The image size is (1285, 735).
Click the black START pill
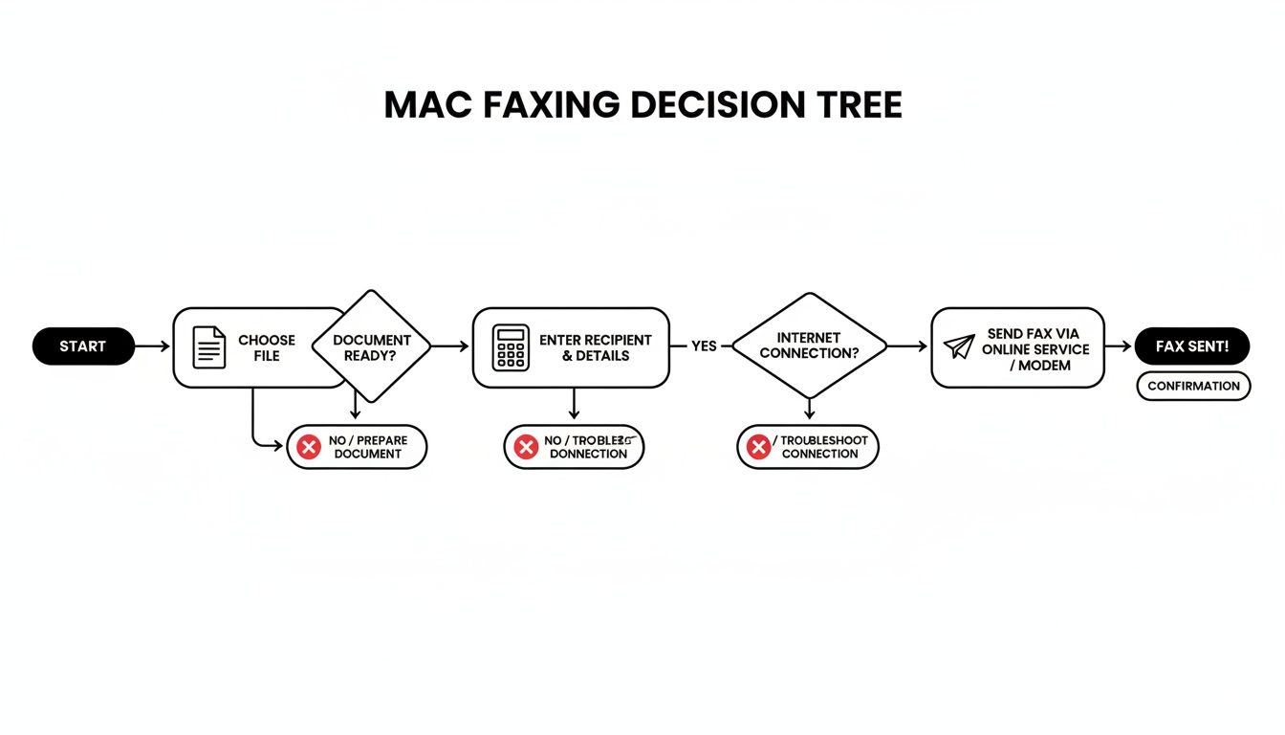83,346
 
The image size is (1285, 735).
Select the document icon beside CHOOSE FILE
209,347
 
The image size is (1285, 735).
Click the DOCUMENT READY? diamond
372,347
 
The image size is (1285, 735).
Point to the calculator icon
511,347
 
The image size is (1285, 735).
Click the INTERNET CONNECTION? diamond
809,346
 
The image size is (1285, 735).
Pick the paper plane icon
959,346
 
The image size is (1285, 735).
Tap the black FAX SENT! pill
1191,346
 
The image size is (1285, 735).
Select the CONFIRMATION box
1193,386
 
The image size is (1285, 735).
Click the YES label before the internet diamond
704,346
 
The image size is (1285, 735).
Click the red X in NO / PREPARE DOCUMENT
309,447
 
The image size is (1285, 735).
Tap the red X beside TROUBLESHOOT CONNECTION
758,447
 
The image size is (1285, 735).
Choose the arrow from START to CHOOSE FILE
152,346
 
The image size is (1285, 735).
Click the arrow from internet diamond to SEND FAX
907,346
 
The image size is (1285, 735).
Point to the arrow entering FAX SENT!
1119,346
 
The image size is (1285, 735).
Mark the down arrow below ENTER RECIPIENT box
573,405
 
